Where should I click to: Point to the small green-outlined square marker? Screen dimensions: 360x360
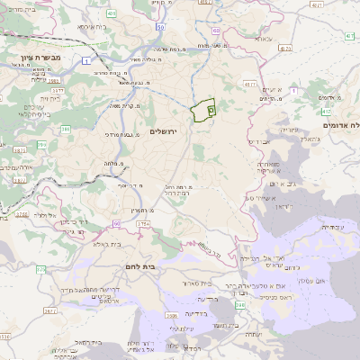tap(211, 109)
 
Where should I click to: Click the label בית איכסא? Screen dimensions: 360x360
tap(94, 27)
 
